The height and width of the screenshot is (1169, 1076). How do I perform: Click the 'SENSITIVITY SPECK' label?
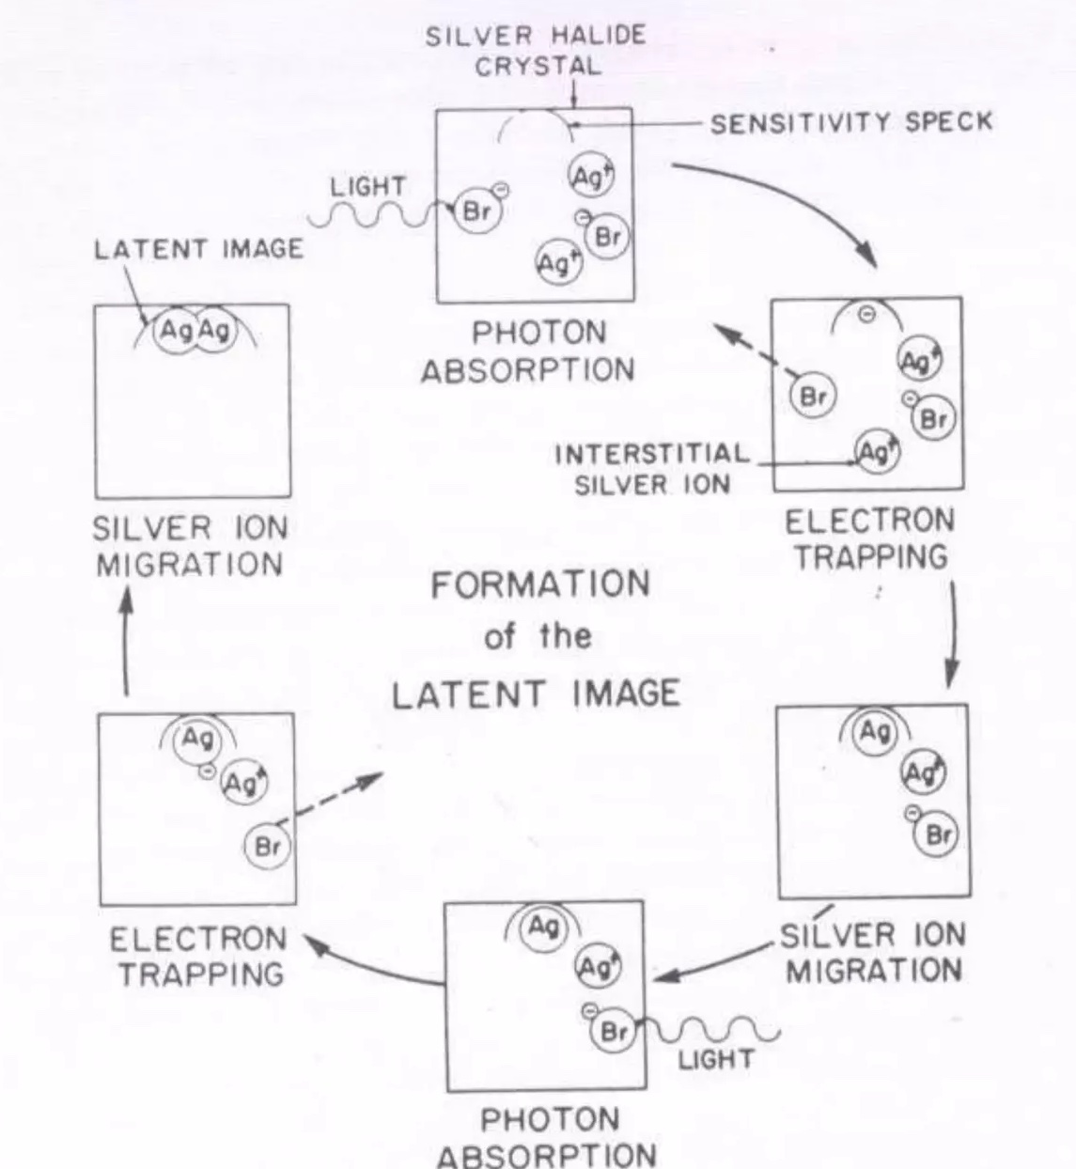[x=851, y=122]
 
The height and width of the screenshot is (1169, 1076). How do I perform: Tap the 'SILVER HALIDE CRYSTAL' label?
[x=537, y=52]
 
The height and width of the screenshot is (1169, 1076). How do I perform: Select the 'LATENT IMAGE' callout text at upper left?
[x=199, y=249]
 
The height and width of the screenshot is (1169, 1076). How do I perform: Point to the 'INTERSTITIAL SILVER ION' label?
[x=651, y=469]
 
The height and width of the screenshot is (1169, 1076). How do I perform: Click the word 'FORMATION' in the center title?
[x=540, y=584]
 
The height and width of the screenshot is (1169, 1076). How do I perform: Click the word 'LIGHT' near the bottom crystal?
[x=716, y=1059]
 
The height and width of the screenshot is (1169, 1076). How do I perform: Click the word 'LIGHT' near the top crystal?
[x=367, y=187]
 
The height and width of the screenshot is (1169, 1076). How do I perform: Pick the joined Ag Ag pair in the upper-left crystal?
[x=195, y=332]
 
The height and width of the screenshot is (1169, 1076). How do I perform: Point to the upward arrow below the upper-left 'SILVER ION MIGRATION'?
[x=127, y=640]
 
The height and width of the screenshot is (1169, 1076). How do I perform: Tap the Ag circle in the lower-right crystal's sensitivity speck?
[x=874, y=732]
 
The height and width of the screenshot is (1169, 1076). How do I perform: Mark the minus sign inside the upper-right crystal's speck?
[x=867, y=315]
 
